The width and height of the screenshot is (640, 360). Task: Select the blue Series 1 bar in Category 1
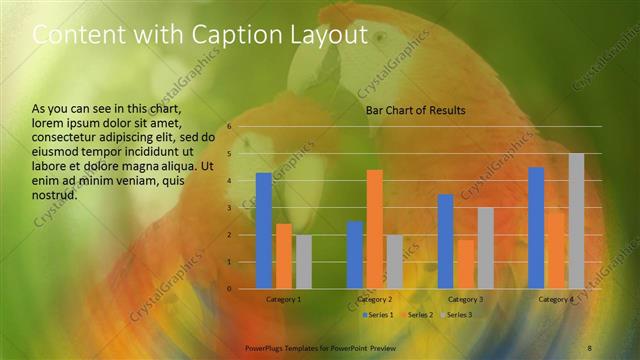263,231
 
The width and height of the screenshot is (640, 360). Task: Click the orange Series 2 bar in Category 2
374,229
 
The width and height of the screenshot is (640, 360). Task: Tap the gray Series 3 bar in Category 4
576,221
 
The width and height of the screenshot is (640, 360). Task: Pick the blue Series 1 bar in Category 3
445,241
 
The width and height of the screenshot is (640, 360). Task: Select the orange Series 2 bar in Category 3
465,264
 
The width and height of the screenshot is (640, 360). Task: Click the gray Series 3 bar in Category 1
303,262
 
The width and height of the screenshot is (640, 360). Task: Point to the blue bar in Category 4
536,228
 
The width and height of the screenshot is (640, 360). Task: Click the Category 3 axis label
465,299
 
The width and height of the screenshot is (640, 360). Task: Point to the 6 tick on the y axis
229,127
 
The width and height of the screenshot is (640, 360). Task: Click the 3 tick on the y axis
229,208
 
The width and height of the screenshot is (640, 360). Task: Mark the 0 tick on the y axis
229,289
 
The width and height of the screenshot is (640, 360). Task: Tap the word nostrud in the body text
55,195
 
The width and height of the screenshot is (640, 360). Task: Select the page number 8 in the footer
590,346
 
